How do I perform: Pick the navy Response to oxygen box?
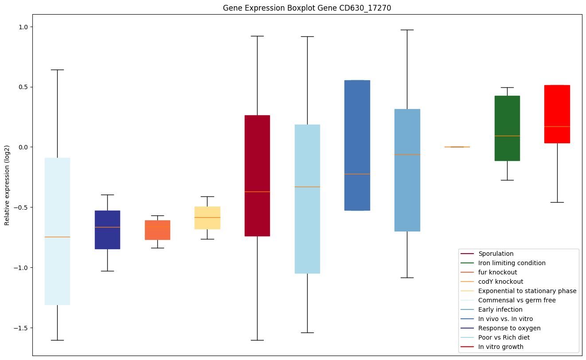pos(107,230)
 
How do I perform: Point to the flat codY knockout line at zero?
pos(457,147)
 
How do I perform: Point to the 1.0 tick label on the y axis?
pos(23,27)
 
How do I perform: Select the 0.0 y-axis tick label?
pos(23,147)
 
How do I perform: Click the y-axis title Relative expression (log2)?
pos(7,185)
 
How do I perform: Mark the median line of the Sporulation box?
pos(257,192)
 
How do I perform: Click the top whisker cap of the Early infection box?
pos(407,30)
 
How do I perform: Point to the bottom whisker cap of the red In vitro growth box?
pos(557,202)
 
